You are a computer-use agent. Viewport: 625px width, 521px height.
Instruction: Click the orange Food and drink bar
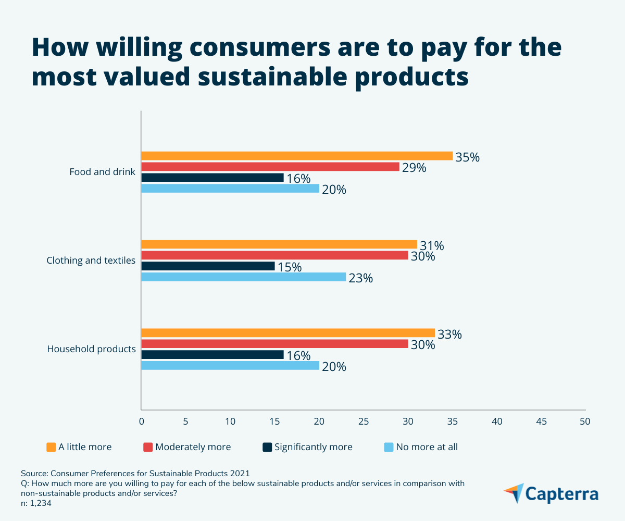(x=297, y=156)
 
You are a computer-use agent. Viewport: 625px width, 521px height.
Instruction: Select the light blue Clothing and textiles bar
(x=243, y=277)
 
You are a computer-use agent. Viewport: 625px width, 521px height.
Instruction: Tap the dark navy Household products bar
(x=213, y=355)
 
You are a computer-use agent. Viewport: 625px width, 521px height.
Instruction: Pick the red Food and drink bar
(x=270, y=167)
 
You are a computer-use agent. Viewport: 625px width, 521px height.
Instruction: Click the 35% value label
(x=467, y=157)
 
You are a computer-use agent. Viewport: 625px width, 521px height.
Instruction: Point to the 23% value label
(x=360, y=278)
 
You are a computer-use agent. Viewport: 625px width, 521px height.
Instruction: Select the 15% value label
(x=289, y=267)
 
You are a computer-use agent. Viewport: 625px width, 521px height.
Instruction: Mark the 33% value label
(x=449, y=334)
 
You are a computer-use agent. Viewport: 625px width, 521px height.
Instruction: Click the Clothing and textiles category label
(x=91, y=260)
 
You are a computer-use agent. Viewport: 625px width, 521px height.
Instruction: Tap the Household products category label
(x=92, y=349)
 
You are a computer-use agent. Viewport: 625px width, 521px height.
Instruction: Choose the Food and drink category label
(x=103, y=172)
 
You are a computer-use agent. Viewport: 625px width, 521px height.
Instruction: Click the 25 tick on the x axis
(x=364, y=421)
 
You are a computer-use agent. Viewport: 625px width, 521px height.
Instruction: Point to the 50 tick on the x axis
(x=585, y=421)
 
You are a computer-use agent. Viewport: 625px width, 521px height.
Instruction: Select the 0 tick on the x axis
(x=141, y=421)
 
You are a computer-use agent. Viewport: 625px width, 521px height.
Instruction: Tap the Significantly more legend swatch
(x=267, y=447)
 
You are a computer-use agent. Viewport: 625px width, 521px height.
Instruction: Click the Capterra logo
(x=551, y=493)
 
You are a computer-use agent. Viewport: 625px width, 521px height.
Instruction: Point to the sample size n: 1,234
(x=36, y=504)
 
